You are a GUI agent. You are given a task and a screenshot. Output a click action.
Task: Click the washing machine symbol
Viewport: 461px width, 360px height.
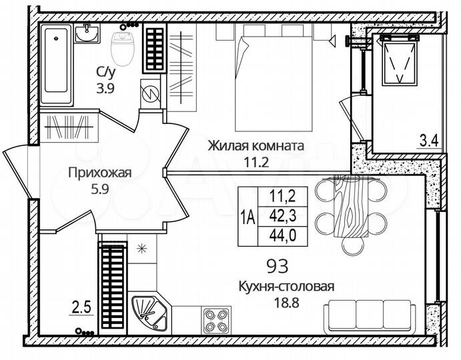[x=151, y=93]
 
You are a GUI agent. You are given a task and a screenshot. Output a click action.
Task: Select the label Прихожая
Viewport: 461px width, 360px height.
[x=100, y=173]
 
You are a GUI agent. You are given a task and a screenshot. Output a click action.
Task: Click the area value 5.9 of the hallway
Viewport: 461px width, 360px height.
[x=100, y=189]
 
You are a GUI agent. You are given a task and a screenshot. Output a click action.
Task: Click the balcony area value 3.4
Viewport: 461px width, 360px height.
[x=428, y=140]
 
